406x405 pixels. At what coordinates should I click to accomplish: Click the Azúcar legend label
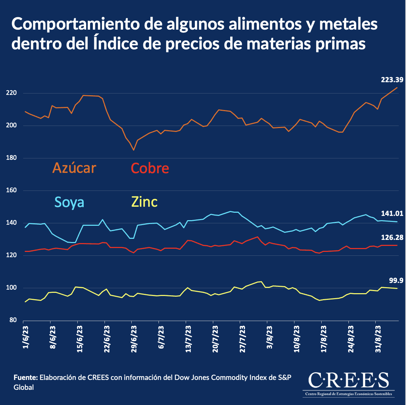(x=74, y=168)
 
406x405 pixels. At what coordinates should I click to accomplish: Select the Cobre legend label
(x=150, y=168)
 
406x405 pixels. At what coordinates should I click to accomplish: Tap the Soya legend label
(x=69, y=202)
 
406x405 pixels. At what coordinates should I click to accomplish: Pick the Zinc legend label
(x=144, y=202)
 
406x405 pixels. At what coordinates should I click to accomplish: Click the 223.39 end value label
(x=392, y=80)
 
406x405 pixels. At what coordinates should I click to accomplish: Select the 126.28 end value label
(x=392, y=237)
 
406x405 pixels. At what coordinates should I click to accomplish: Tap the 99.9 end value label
(x=396, y=280)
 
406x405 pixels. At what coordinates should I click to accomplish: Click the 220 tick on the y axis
(x=12, y=93)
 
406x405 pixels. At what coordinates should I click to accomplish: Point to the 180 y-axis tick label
(x=12, y=158)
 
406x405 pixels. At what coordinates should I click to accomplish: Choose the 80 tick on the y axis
(x=13, y=320)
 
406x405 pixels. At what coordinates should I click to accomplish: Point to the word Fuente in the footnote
(x=25, y=377)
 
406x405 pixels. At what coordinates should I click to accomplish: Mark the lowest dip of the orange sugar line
(x=133, y=150)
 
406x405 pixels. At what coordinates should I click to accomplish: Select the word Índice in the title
(x=114, y=44)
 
